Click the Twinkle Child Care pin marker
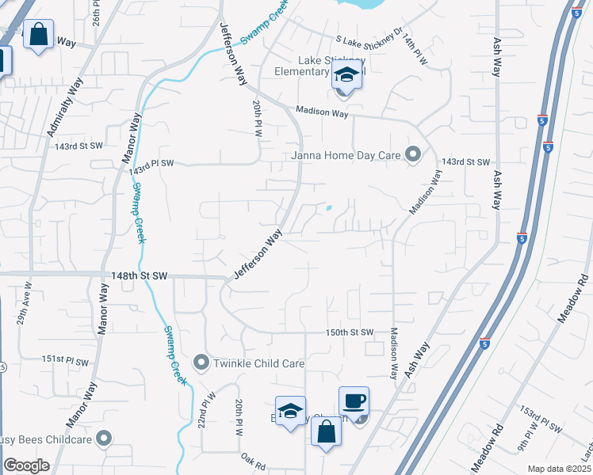tap(201, 363)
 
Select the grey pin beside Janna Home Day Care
tap(412, 154)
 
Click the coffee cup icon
tap(354, 401)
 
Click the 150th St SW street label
tap(349, 332)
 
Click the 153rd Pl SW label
tap(540, 420)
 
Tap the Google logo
tap(26, 465)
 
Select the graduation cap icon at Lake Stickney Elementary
tap(346, 75)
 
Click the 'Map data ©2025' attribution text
tap(558, 469)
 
